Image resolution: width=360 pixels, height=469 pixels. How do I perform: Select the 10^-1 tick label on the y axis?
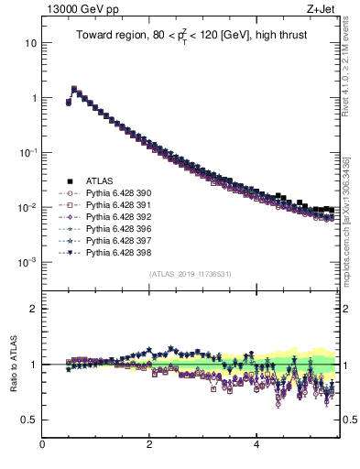coord(27,152)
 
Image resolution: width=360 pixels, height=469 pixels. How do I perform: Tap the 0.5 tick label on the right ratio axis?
coord(349,420)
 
